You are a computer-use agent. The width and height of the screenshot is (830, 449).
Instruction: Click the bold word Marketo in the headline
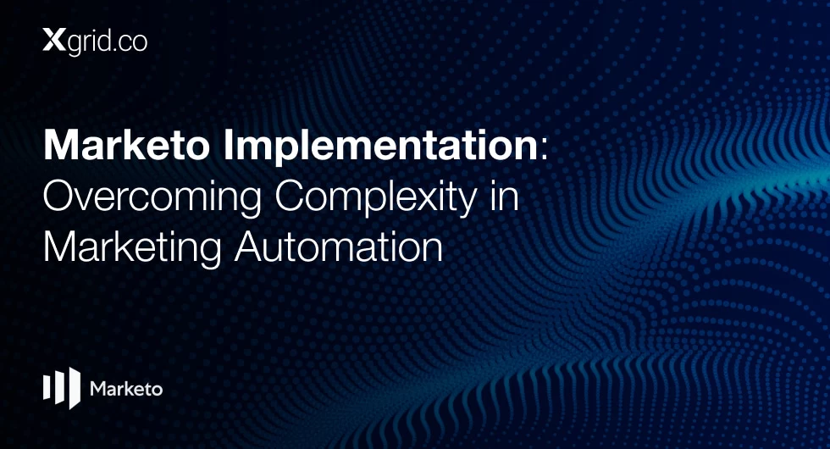coord(126,145)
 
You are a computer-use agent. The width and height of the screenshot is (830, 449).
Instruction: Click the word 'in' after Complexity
coord(505,196)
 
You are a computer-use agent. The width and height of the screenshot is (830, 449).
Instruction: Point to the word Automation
coord(338,247)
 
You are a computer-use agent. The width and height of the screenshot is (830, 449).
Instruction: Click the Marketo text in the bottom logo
coord(126,389)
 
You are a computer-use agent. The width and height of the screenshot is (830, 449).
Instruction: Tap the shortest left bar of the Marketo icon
coord(46,388)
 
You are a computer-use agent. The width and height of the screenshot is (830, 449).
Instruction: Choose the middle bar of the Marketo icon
coord(58,388)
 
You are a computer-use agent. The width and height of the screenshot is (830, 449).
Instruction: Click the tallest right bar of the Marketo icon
coord(75,388)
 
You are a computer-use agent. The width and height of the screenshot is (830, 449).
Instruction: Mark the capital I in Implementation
coord(228,145)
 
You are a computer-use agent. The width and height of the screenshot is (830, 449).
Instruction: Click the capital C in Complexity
coord(289,196)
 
